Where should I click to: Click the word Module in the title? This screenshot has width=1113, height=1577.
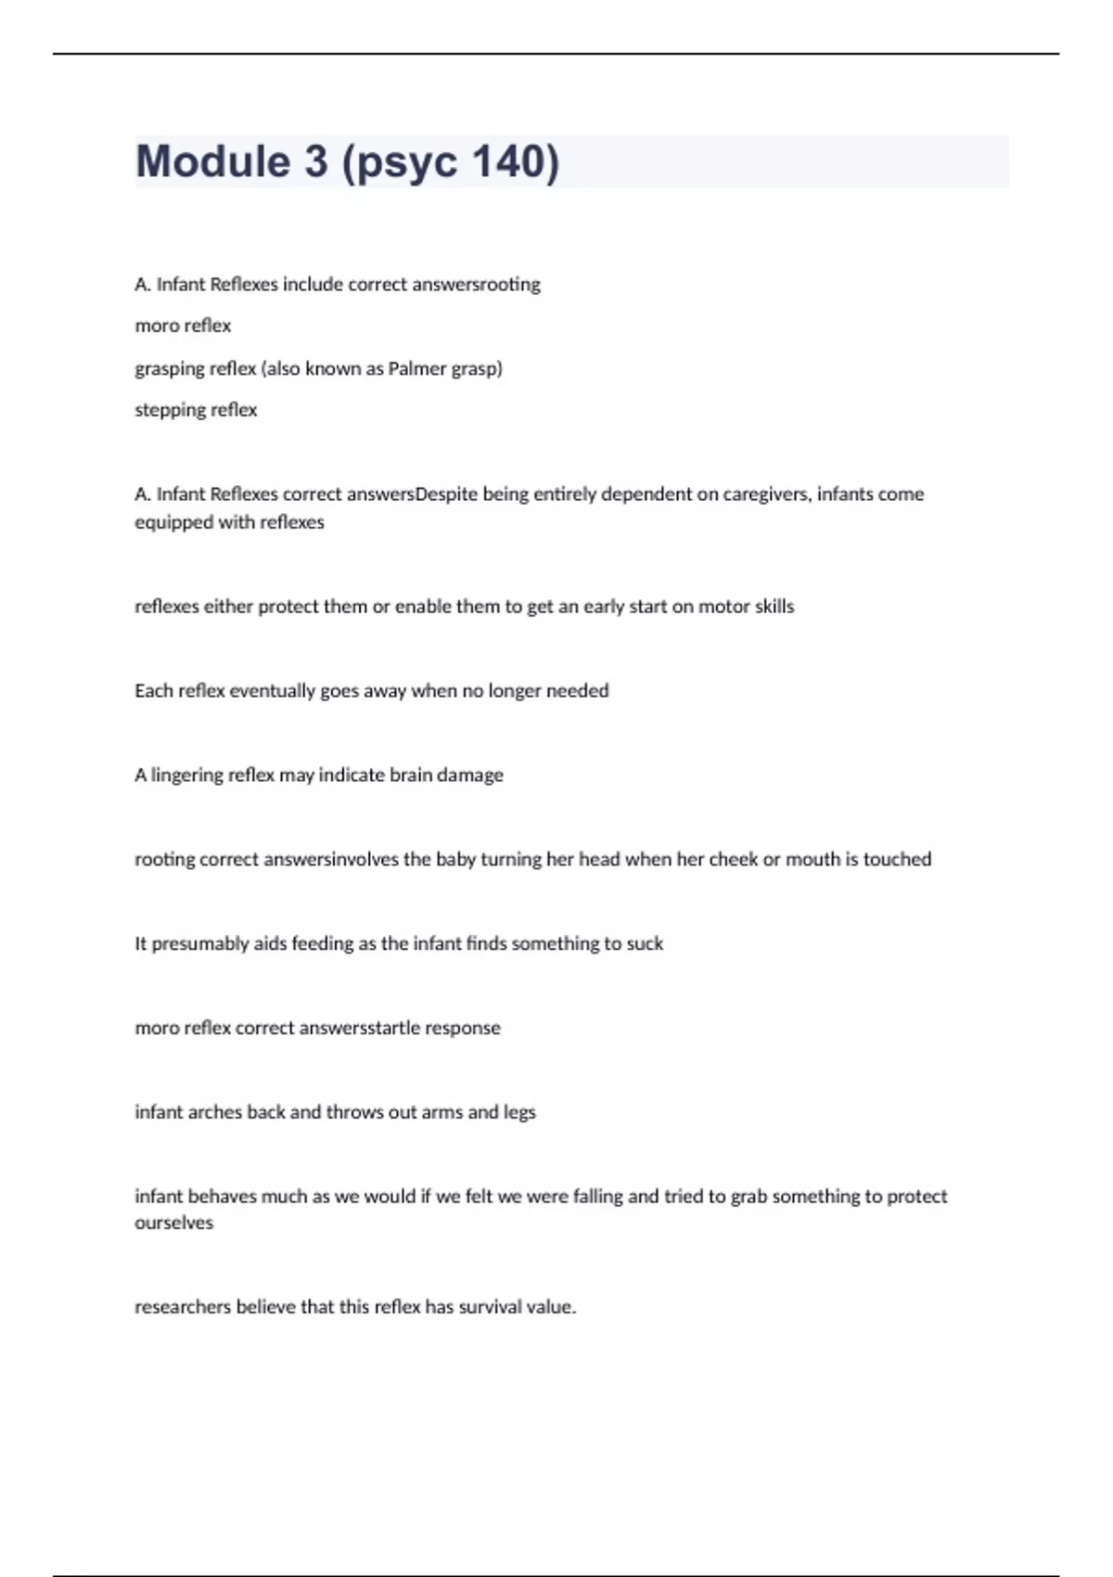click(x=212, y=161)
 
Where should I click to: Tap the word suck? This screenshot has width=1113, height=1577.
click(x=645, y=943)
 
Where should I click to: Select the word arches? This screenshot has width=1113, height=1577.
click(x=215, y=1112)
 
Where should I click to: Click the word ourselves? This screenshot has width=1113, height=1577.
click(x=173, y=1224)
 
